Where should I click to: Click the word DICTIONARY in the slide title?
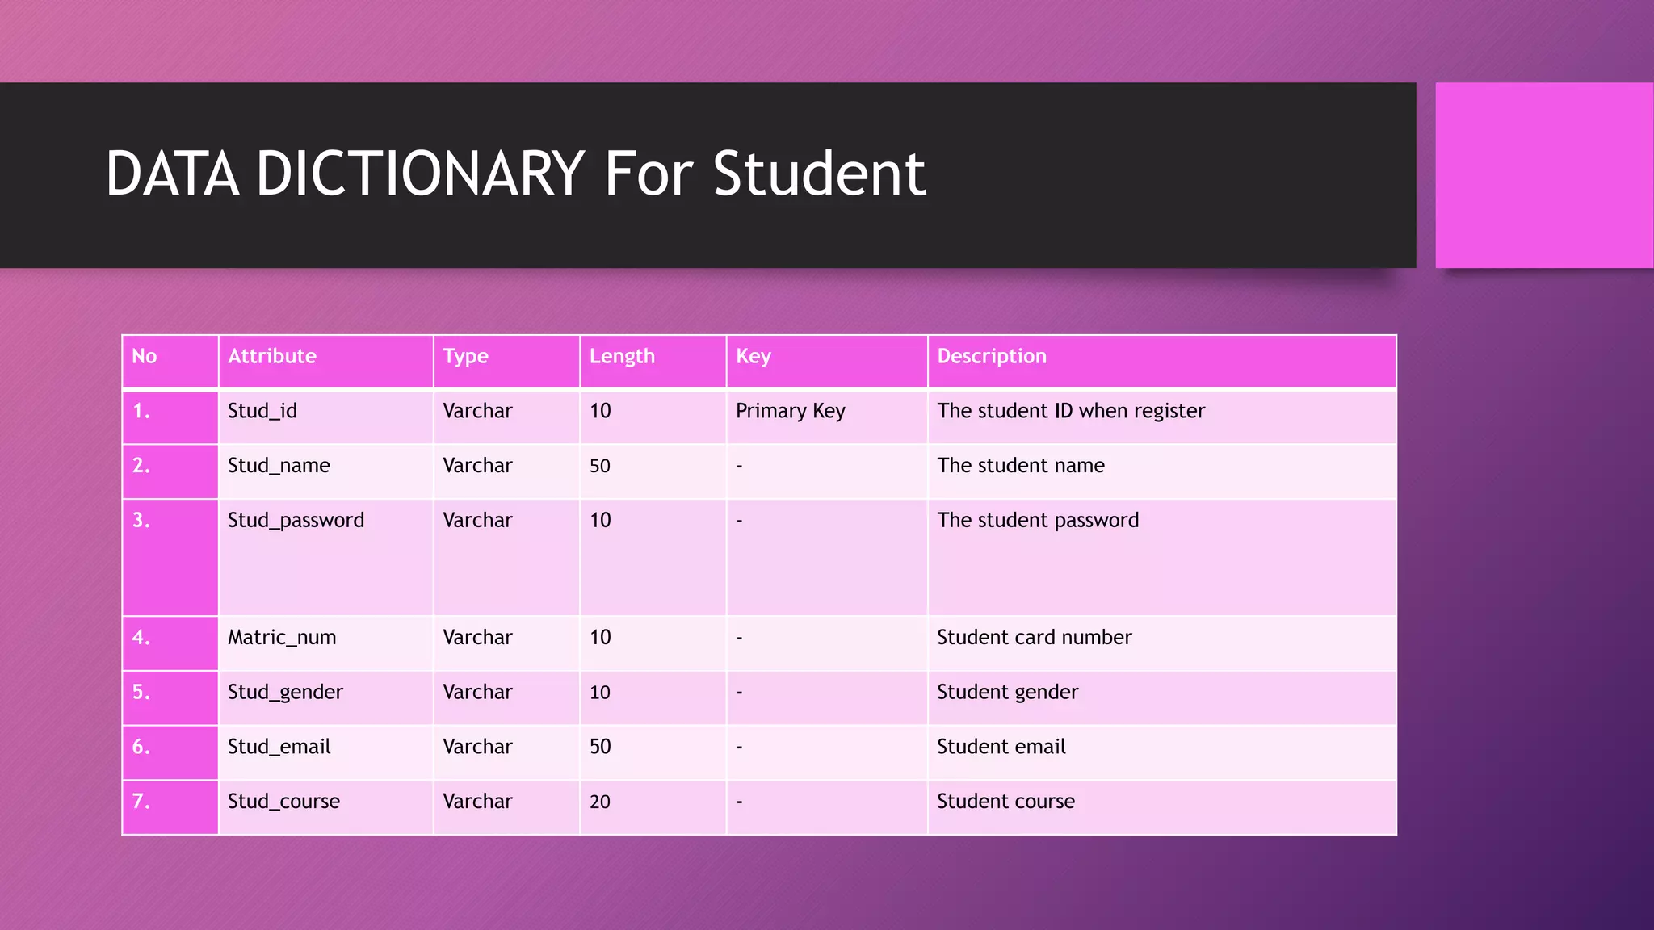420,174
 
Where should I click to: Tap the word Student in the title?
819,174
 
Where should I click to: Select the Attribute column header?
272,356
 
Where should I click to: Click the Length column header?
622,356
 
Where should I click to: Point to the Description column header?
992,356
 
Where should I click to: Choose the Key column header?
754,356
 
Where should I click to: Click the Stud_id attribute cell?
262,411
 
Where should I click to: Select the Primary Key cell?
791,411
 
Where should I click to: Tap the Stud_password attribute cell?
296,521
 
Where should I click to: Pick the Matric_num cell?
282,638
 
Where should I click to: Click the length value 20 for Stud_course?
600,802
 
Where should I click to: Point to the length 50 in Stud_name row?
600,466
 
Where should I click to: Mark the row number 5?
141,692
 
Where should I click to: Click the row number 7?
141,802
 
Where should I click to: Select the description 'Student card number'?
1035,638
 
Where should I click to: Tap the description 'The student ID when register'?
1071,411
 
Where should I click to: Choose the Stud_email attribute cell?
279,747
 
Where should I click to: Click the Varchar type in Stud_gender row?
477,692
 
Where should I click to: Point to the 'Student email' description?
1001,747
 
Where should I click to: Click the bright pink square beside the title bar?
1543,175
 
